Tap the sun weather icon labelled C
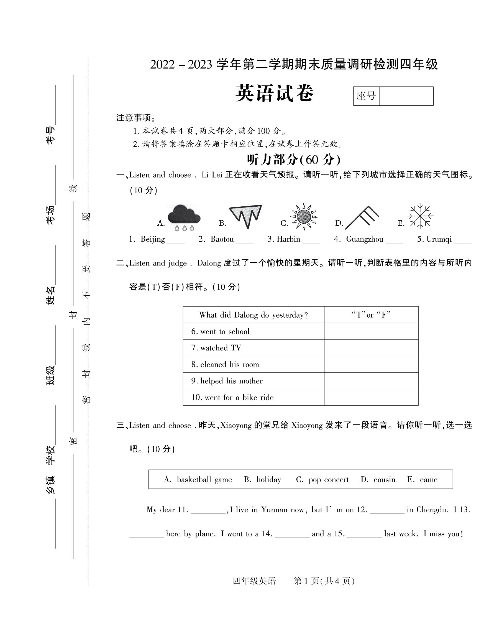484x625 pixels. [x=304, y=217]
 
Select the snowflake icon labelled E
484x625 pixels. [x=420, y=216]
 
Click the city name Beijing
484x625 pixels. [x=153, y=239]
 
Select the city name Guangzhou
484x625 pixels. [x=365, y=239]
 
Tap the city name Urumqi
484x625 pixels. [x=439, y=239]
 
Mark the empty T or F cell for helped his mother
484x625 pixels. [x=371, y=381]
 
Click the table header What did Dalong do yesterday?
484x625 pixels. [x=253, y=315]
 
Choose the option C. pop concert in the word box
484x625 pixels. [x=322, y=480]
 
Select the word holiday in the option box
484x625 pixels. [x=268, y=480]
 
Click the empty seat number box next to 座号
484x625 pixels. [x=406, y=96]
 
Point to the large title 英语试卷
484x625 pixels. [x=275, y=93]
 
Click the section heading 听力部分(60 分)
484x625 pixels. [x=294, y=160]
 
